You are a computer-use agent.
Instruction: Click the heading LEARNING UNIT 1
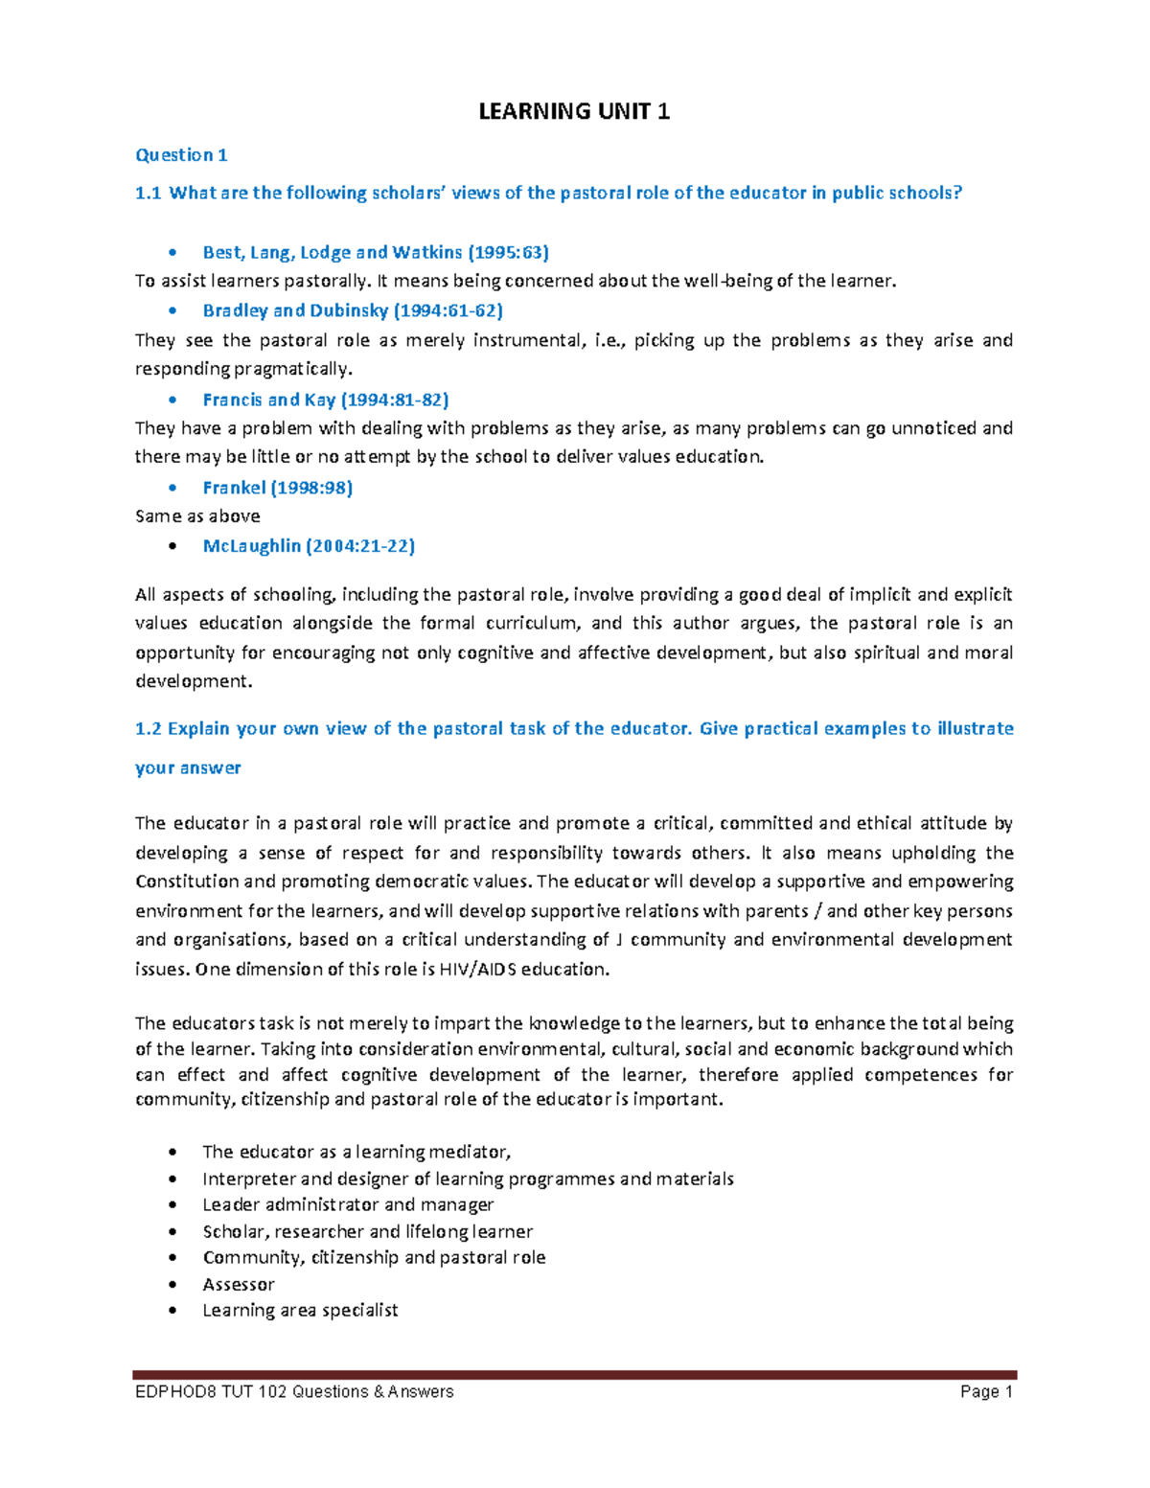[x=574, y=112]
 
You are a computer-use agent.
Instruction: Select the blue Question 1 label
[x=181, y=155]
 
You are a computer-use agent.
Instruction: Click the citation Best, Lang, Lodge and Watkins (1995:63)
[x=376, y=252]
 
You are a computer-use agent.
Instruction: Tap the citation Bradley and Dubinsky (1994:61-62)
[x=353, y=310]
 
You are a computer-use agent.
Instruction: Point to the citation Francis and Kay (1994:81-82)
[x=326, y=400]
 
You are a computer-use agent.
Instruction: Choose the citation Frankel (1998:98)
[x=278, y=488]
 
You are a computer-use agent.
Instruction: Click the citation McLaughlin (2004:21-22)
[x=309, y=546]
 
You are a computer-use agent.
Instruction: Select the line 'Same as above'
[x=197, y=516]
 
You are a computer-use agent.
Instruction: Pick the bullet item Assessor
[x=239, y=1284]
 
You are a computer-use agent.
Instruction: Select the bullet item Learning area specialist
[x=300, y=1310]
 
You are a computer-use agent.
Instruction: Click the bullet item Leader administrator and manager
[x=348, y=1204]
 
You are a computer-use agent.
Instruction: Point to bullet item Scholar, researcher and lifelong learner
[x=367, y=1231]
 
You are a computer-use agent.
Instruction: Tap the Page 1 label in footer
[x=986, y=1392]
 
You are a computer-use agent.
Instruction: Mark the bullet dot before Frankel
[x=172, y=489]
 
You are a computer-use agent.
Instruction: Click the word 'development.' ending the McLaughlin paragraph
[x=194, y=682]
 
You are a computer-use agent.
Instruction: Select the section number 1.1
[x=148, y=194]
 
